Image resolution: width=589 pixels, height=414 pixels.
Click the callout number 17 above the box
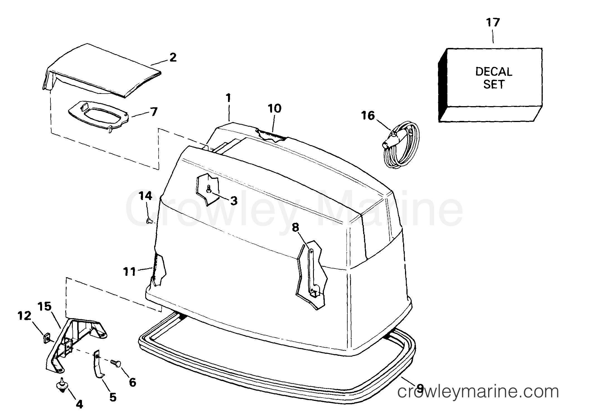pyautogui.click(x=493, y=22)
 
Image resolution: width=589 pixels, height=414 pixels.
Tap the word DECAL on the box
pyautogui.click(x=494, y=72)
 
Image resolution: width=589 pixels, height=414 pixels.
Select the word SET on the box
pyautogui.click(x=494, y=84)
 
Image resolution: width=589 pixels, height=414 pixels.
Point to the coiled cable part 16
pyautogui.click(x=399, y=145)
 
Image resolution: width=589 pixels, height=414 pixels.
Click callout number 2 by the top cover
pyautogui.click(x=173, y=57)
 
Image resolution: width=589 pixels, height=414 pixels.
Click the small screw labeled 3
pyautogui.click(x=209, y=189)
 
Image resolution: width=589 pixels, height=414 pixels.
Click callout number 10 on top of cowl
pyautogui.click(x=275, y=108)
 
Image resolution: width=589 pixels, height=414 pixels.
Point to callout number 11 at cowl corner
pyautogui.click(x=129, y=271)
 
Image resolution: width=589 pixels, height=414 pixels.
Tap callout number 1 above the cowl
pyautogui.click(x=229, y=98)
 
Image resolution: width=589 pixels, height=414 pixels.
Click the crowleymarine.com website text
pyautogui.click(x=478, y=392)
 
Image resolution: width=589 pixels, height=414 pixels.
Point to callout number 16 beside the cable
pyautogui.click(x=368, y=115)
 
